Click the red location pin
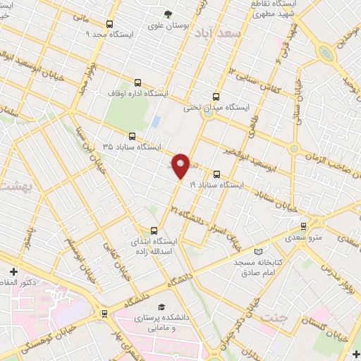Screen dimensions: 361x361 (x=181, y=165)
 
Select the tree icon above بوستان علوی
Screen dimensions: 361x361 (x=168, y=13)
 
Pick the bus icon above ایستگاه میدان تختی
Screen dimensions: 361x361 (x=216, y=97)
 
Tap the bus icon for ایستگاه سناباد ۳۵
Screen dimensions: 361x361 (x=132, y=137)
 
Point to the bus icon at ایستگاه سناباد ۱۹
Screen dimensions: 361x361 (x=216, y=174)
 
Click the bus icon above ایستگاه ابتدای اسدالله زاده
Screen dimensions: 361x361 (x=154, y=230)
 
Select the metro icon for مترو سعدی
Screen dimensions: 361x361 (x=303, y=226)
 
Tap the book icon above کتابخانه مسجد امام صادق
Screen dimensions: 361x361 (x=257, y=252)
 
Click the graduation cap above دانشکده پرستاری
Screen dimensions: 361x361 (x=161, y=308)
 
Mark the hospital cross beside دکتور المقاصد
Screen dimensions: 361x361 (x=13, y=271)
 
